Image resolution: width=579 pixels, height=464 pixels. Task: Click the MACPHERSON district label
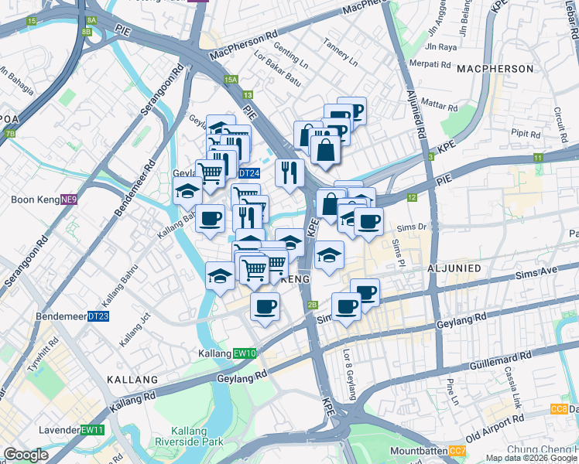click(506, 69)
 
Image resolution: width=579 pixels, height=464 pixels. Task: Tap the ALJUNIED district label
click(454, 268)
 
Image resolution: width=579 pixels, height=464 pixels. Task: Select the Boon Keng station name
click(35, 200)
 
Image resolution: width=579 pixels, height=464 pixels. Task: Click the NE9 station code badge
click(70, 200)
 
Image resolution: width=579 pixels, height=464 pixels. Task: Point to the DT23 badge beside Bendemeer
click(98, 316)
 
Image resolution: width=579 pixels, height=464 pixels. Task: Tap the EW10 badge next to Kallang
click(245, 353)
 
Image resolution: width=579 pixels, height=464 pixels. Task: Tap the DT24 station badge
click(248, 174)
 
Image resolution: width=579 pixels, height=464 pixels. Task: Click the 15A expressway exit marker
click(230, 80)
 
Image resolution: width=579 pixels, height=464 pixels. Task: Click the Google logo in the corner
click(26, 455)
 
